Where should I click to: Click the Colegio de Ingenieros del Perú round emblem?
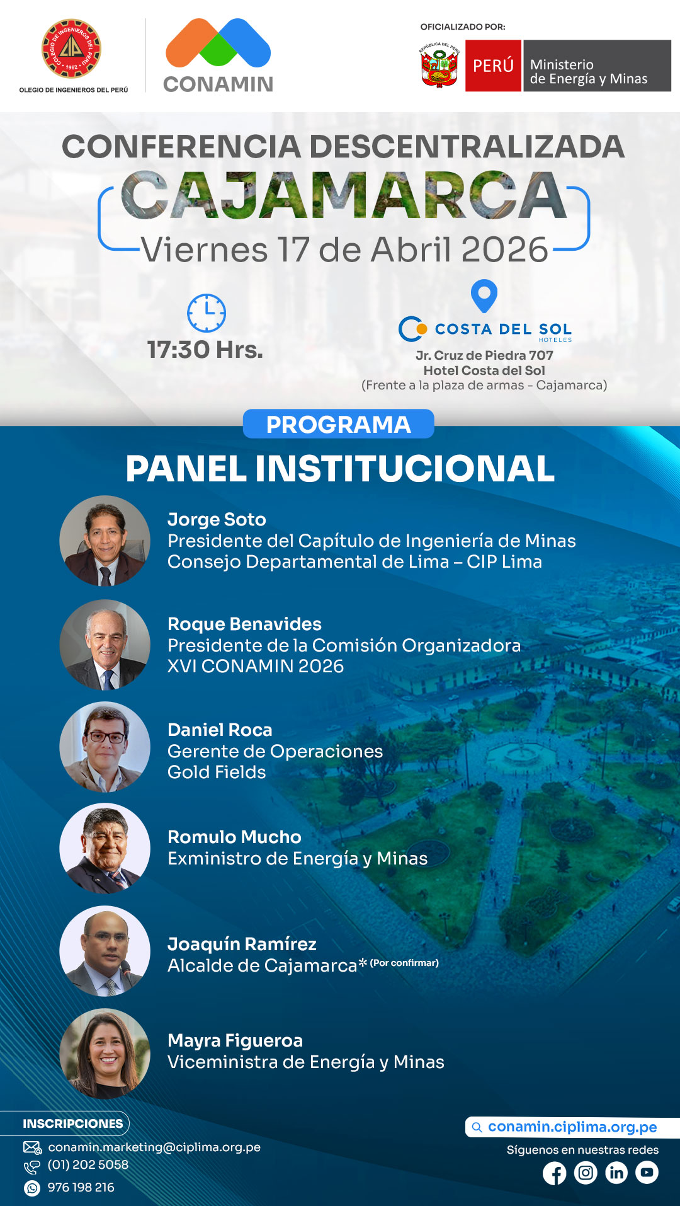[x=71, y=49]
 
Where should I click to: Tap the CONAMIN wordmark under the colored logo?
[x=218, y=84]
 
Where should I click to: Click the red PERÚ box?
[x=493, y=66]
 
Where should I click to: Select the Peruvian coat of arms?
[x=439, y=65]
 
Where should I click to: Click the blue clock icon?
[x=207, y=313]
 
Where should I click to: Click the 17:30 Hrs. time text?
[x=205, y=350]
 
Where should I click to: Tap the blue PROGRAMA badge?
[x=338, y=424]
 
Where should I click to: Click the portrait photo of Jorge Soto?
[x=105, y=541]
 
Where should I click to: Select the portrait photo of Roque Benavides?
[x=105, y=645]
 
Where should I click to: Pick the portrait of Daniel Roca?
[x=105, y=747]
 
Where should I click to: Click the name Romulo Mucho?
[x=234, y=837]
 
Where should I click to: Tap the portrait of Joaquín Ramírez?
[x=105, y=951]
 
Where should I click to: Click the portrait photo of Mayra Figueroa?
[x=105, y=1054]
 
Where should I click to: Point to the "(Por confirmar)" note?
[x=404, y=963]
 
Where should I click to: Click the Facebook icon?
[x=555, y=1173]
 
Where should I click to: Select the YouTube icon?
[x=647, y=1173]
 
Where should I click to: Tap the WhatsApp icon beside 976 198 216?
[x=31, y=1188]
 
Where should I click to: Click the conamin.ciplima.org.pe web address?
[x=572, y=1127]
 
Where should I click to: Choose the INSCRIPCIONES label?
[x=73, y=1123]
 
